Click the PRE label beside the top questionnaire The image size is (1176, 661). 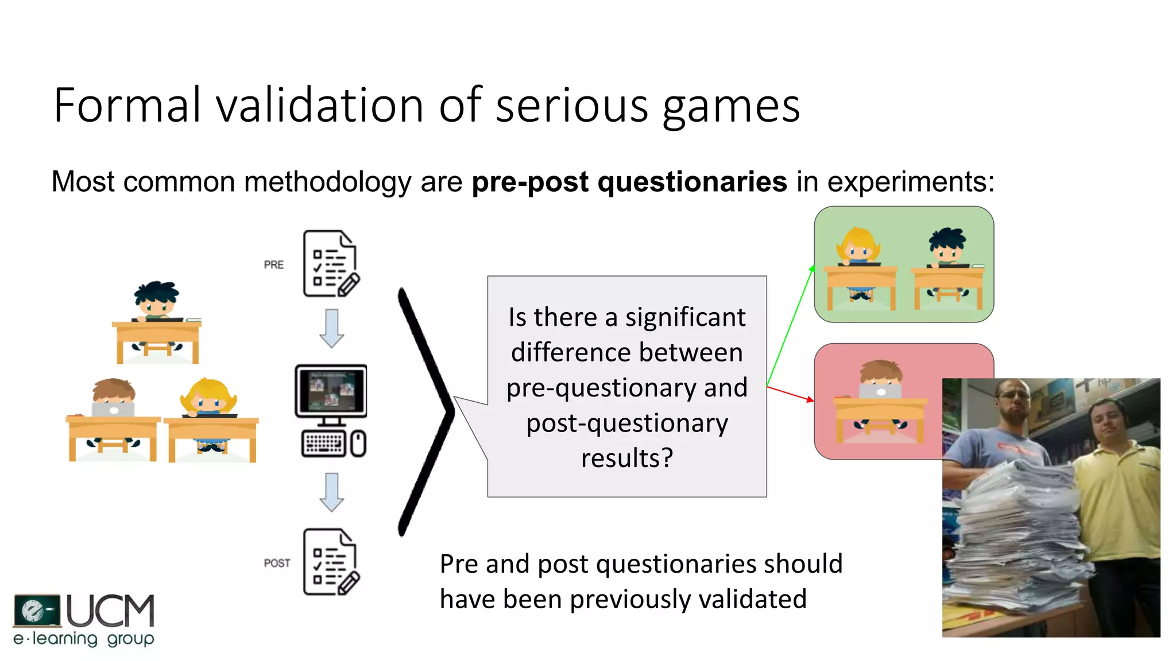point(274,265)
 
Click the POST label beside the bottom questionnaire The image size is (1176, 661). point(277,563)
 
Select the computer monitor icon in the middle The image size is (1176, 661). point(331,391)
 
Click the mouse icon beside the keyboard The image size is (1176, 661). point(358,444)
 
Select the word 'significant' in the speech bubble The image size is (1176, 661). point(685,317)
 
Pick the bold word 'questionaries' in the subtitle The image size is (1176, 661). point(692,182)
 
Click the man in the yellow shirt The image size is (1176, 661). point(1114,493)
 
